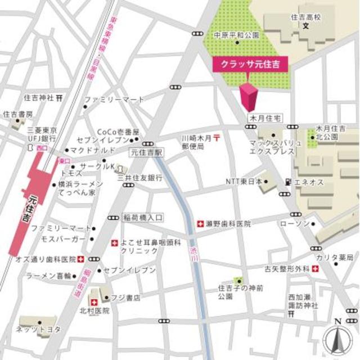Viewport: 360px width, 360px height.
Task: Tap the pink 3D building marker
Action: pyautogui.click(x=248, y=97)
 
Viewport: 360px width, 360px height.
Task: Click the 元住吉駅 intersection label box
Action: pyautogui.click(x=146, y=152)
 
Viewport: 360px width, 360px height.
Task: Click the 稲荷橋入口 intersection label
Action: pyautogui.click(x=142, y=217)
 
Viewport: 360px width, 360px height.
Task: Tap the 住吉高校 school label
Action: pyautogui.click(x=307, y=18)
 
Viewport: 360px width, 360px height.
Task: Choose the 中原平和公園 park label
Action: pyautogui.click(x=236, y=35)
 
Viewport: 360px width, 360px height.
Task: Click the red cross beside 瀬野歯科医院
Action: pyautogui.click(x=200, y=224)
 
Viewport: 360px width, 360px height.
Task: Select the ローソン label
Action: pyautogui.click(x=294, y=224)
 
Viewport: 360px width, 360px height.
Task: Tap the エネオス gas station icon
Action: pyautogui.click(x=288, y=182)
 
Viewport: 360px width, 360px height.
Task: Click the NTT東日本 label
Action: pyautogui.click(x=244, y=182)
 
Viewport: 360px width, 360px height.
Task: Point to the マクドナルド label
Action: pyautogui.click(x=93, y=151)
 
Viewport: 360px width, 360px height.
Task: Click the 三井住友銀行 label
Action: pyautogui.click(x=140, y=177)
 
